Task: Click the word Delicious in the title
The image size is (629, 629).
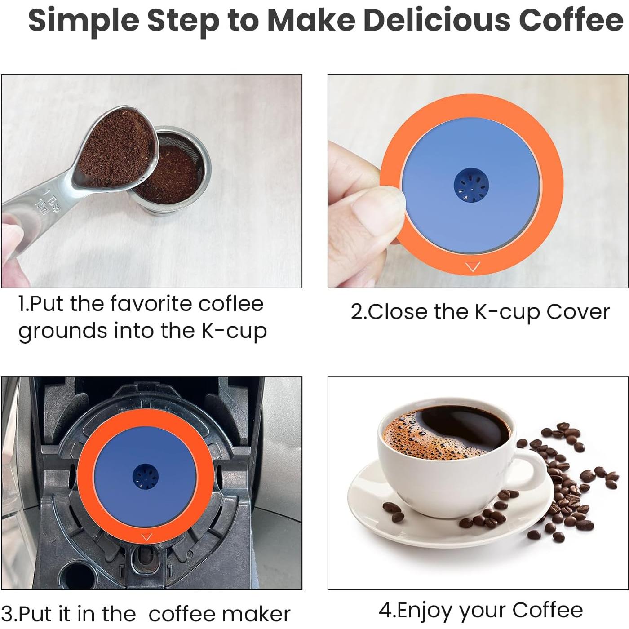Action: (x=436, y=20)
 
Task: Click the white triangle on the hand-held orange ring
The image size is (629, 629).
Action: (x=473, y=267)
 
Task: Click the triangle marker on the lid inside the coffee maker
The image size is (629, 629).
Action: (x=147, y=537)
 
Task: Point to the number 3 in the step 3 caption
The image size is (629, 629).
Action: (x=8, y=614)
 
